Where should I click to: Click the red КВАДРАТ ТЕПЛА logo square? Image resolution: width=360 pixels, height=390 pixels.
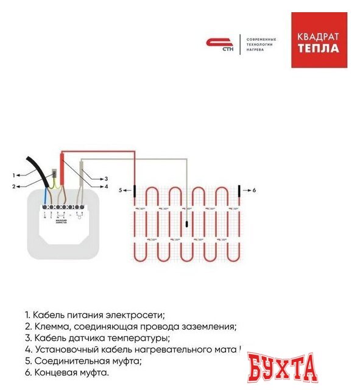tap(319, 40)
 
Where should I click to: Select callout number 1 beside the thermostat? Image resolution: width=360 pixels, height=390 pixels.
tap(13, 176)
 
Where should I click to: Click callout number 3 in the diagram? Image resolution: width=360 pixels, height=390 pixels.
tap(105, 179)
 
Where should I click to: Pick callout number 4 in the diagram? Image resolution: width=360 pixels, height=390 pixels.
tap(105, 186)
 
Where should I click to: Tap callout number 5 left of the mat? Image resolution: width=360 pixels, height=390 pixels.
tap(121, 190)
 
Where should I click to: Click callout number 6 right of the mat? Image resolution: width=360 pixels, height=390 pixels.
tap(253, 190)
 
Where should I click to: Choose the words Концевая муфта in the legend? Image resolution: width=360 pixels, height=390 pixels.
tap(71, 372)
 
